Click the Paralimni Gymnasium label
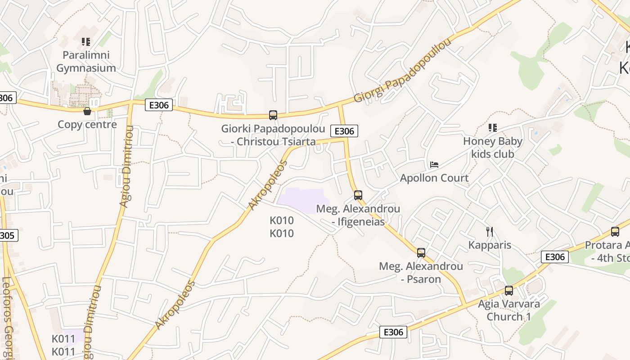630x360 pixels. tap(86, 62)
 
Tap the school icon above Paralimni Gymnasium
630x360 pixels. tap(86, 42)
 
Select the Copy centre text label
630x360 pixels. tap(87, 125)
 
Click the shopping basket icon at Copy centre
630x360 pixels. tap(87, 111)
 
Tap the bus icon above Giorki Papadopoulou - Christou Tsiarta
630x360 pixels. tap(273, 115)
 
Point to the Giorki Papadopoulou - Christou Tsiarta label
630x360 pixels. tap(273, 135)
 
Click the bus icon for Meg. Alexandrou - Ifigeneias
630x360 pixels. tap(358, 195)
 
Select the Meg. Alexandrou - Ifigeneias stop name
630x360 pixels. tap(358, 215)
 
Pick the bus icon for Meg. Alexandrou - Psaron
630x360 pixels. tap(421, 253)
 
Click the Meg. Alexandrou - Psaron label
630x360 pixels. tap(421, 272)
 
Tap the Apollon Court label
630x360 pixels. tap(434, 178)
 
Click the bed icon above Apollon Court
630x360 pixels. tap(434, 165)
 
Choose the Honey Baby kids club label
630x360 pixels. tap(493, 148)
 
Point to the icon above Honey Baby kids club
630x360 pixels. tap(493, 128)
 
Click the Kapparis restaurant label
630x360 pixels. tap(490, 245)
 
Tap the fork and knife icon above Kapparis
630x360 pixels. tap(490, 232)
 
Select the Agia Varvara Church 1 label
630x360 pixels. tap(509, 310)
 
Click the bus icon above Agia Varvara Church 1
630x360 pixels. tap(509, 291)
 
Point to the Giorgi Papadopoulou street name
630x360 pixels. tap(402, 71)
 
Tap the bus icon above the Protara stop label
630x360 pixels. tap(615, 232)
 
